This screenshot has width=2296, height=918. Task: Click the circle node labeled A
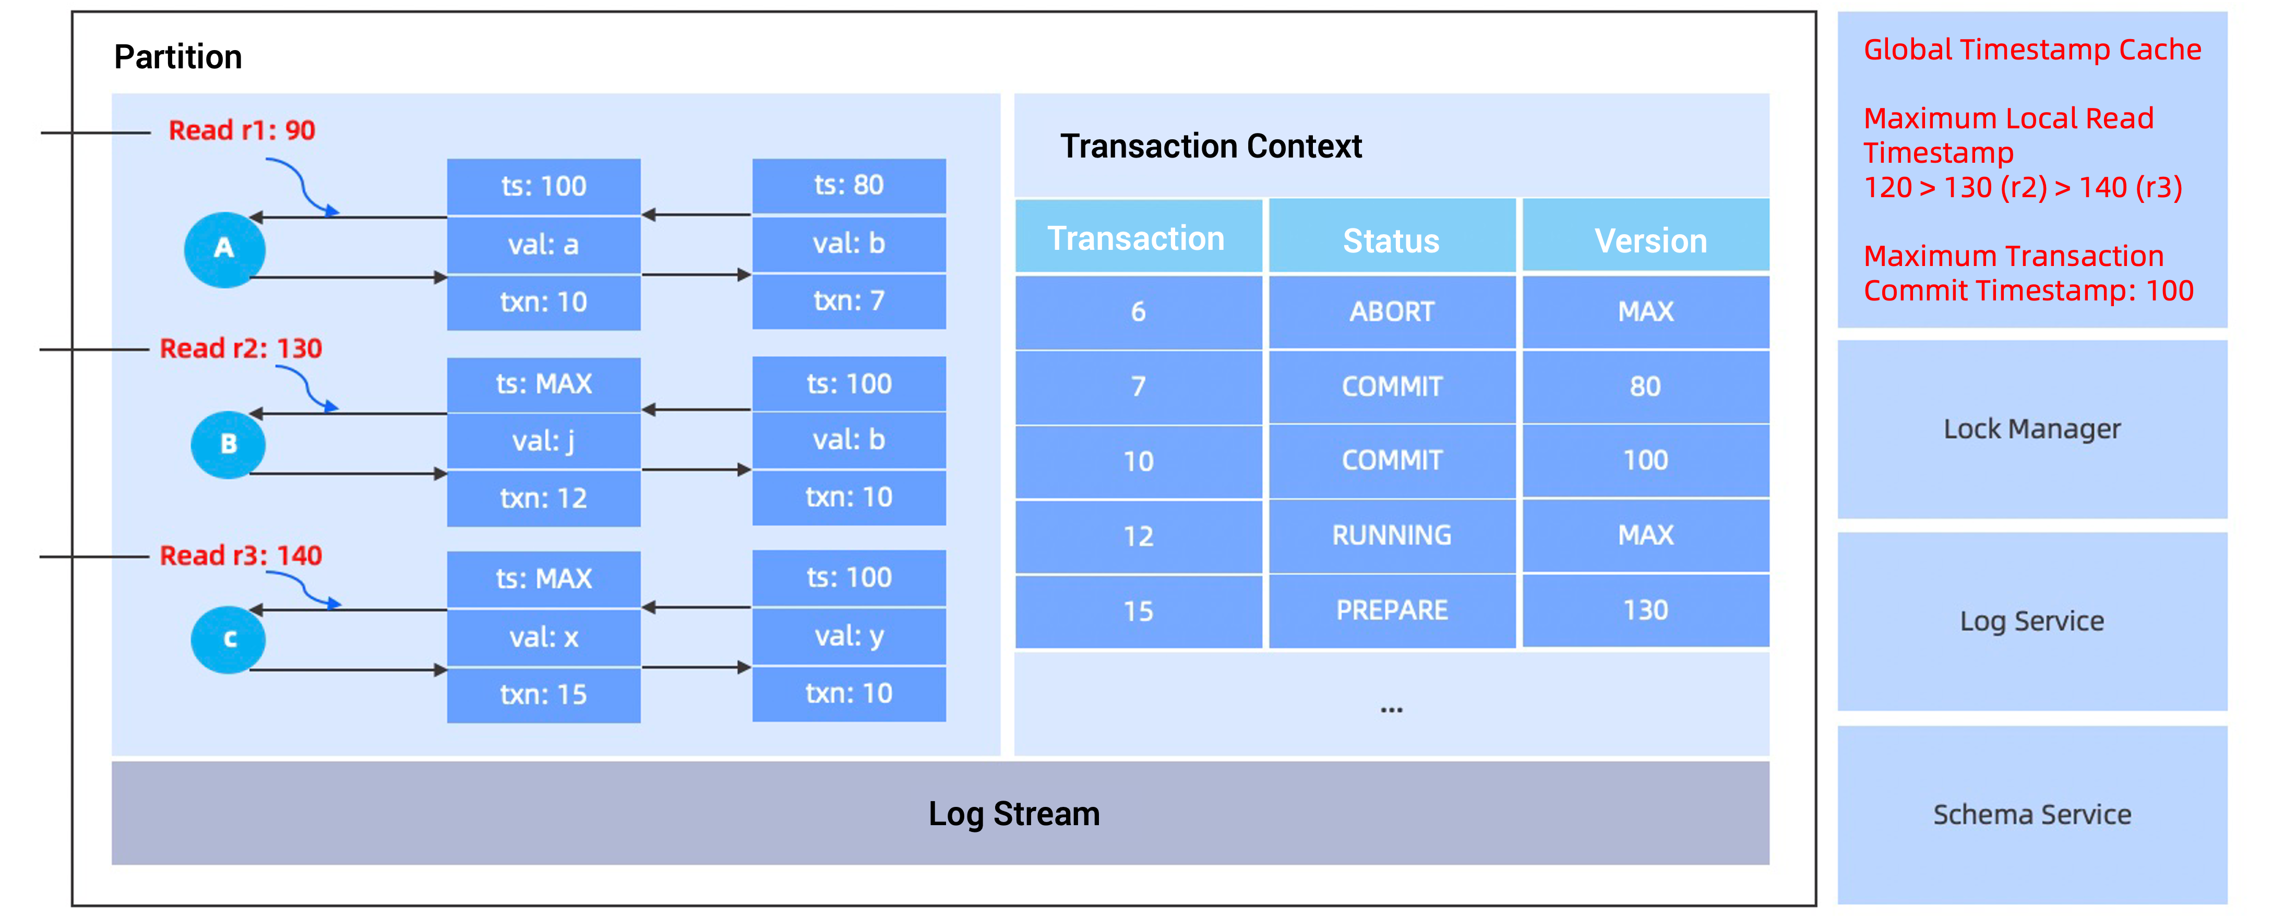(x=224, y=249)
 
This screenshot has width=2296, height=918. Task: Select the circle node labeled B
(x=228, y=444)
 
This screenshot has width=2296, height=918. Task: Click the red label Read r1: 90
(x=242, y=130)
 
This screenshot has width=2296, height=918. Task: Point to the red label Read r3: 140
(x=241, y=555)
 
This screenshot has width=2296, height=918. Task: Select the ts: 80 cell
(x=848, y=185)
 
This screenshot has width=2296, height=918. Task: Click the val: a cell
(x=543, y=244)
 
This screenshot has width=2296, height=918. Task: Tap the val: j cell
(x=543, y=440)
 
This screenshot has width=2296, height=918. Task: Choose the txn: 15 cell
(x=543, y=694)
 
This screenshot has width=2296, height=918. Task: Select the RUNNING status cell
(x=1391, y=535)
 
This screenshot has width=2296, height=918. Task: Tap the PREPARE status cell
(x=1391, y=610)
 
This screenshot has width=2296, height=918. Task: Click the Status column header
(x=1391, y=240)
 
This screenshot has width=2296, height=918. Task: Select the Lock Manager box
(x=2031, y=429)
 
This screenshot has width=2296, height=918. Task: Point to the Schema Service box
(x=2031, y=814)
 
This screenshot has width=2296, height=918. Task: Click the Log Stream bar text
(x=1013, y=814)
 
